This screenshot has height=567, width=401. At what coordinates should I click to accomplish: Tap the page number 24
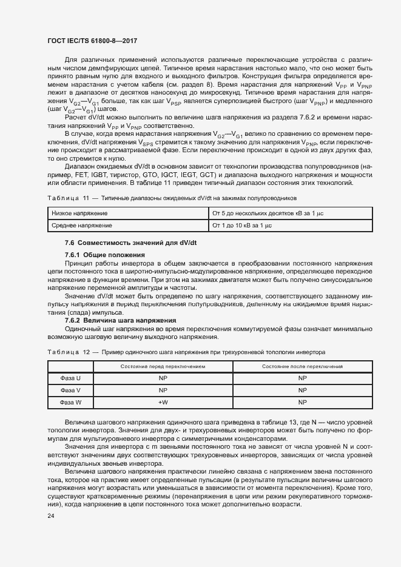click(x=50, y=515)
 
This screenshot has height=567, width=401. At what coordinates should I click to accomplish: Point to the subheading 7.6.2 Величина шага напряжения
click(x=121, y=320)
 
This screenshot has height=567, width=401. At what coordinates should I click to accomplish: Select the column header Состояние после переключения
click(x=302, y=367)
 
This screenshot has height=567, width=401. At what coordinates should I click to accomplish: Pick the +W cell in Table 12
click(x=163, y=401)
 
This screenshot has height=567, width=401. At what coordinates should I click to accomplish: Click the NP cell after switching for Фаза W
click(x=302, y=401)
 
